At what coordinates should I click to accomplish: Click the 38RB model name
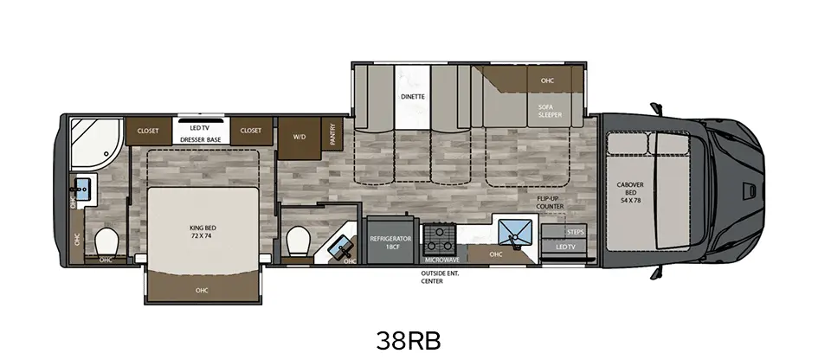click(409, 341)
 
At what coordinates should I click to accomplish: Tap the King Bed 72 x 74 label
click(203, 232)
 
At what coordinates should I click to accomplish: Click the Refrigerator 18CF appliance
click(391, 241)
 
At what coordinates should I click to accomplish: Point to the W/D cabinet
click(299, 138)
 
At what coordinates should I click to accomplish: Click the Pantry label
click(333, 133)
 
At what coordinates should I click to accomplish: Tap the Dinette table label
click(413, 97)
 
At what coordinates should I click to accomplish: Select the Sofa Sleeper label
click(550, 111)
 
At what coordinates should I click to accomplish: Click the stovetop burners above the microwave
click(439, 239)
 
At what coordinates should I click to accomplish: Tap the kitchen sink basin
click(515, 233)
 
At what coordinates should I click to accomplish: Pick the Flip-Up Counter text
click(550, 202)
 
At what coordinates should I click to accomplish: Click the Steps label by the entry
click(575, 232)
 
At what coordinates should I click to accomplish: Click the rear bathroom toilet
click(107, 242)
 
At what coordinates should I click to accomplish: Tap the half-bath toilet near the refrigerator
click(300, 241)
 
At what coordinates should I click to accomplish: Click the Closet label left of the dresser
click(148, 131)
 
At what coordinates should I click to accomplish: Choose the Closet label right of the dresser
click(251, 131)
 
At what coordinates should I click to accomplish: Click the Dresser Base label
click(200, 139)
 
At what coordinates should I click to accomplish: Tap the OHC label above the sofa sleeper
click(547, 80)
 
